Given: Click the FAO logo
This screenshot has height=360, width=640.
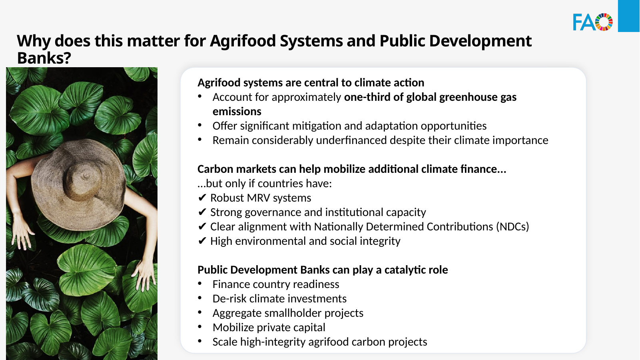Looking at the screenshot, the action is [x=593, y=22].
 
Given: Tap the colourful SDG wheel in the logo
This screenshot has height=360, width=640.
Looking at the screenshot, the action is [x=604, y=22].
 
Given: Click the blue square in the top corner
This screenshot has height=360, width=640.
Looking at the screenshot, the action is [x=629, y=16].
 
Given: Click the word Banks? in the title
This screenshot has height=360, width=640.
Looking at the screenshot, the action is [x=44, y=58].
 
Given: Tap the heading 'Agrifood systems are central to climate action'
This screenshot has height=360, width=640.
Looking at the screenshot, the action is [x=311, y=83].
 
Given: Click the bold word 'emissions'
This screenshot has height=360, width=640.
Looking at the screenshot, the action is [x=237, y=111].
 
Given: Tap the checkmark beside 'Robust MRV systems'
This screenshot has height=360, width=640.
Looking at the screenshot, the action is [x=202, y=198].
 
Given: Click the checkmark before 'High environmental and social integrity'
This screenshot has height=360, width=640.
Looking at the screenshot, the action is [x=202, y=241].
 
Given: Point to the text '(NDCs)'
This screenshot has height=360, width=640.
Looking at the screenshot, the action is [x=512, y=227].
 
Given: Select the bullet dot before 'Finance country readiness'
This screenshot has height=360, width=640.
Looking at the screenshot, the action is [x=200, y=283].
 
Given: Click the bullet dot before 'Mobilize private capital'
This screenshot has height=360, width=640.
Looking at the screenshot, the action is [x=200, y=326].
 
